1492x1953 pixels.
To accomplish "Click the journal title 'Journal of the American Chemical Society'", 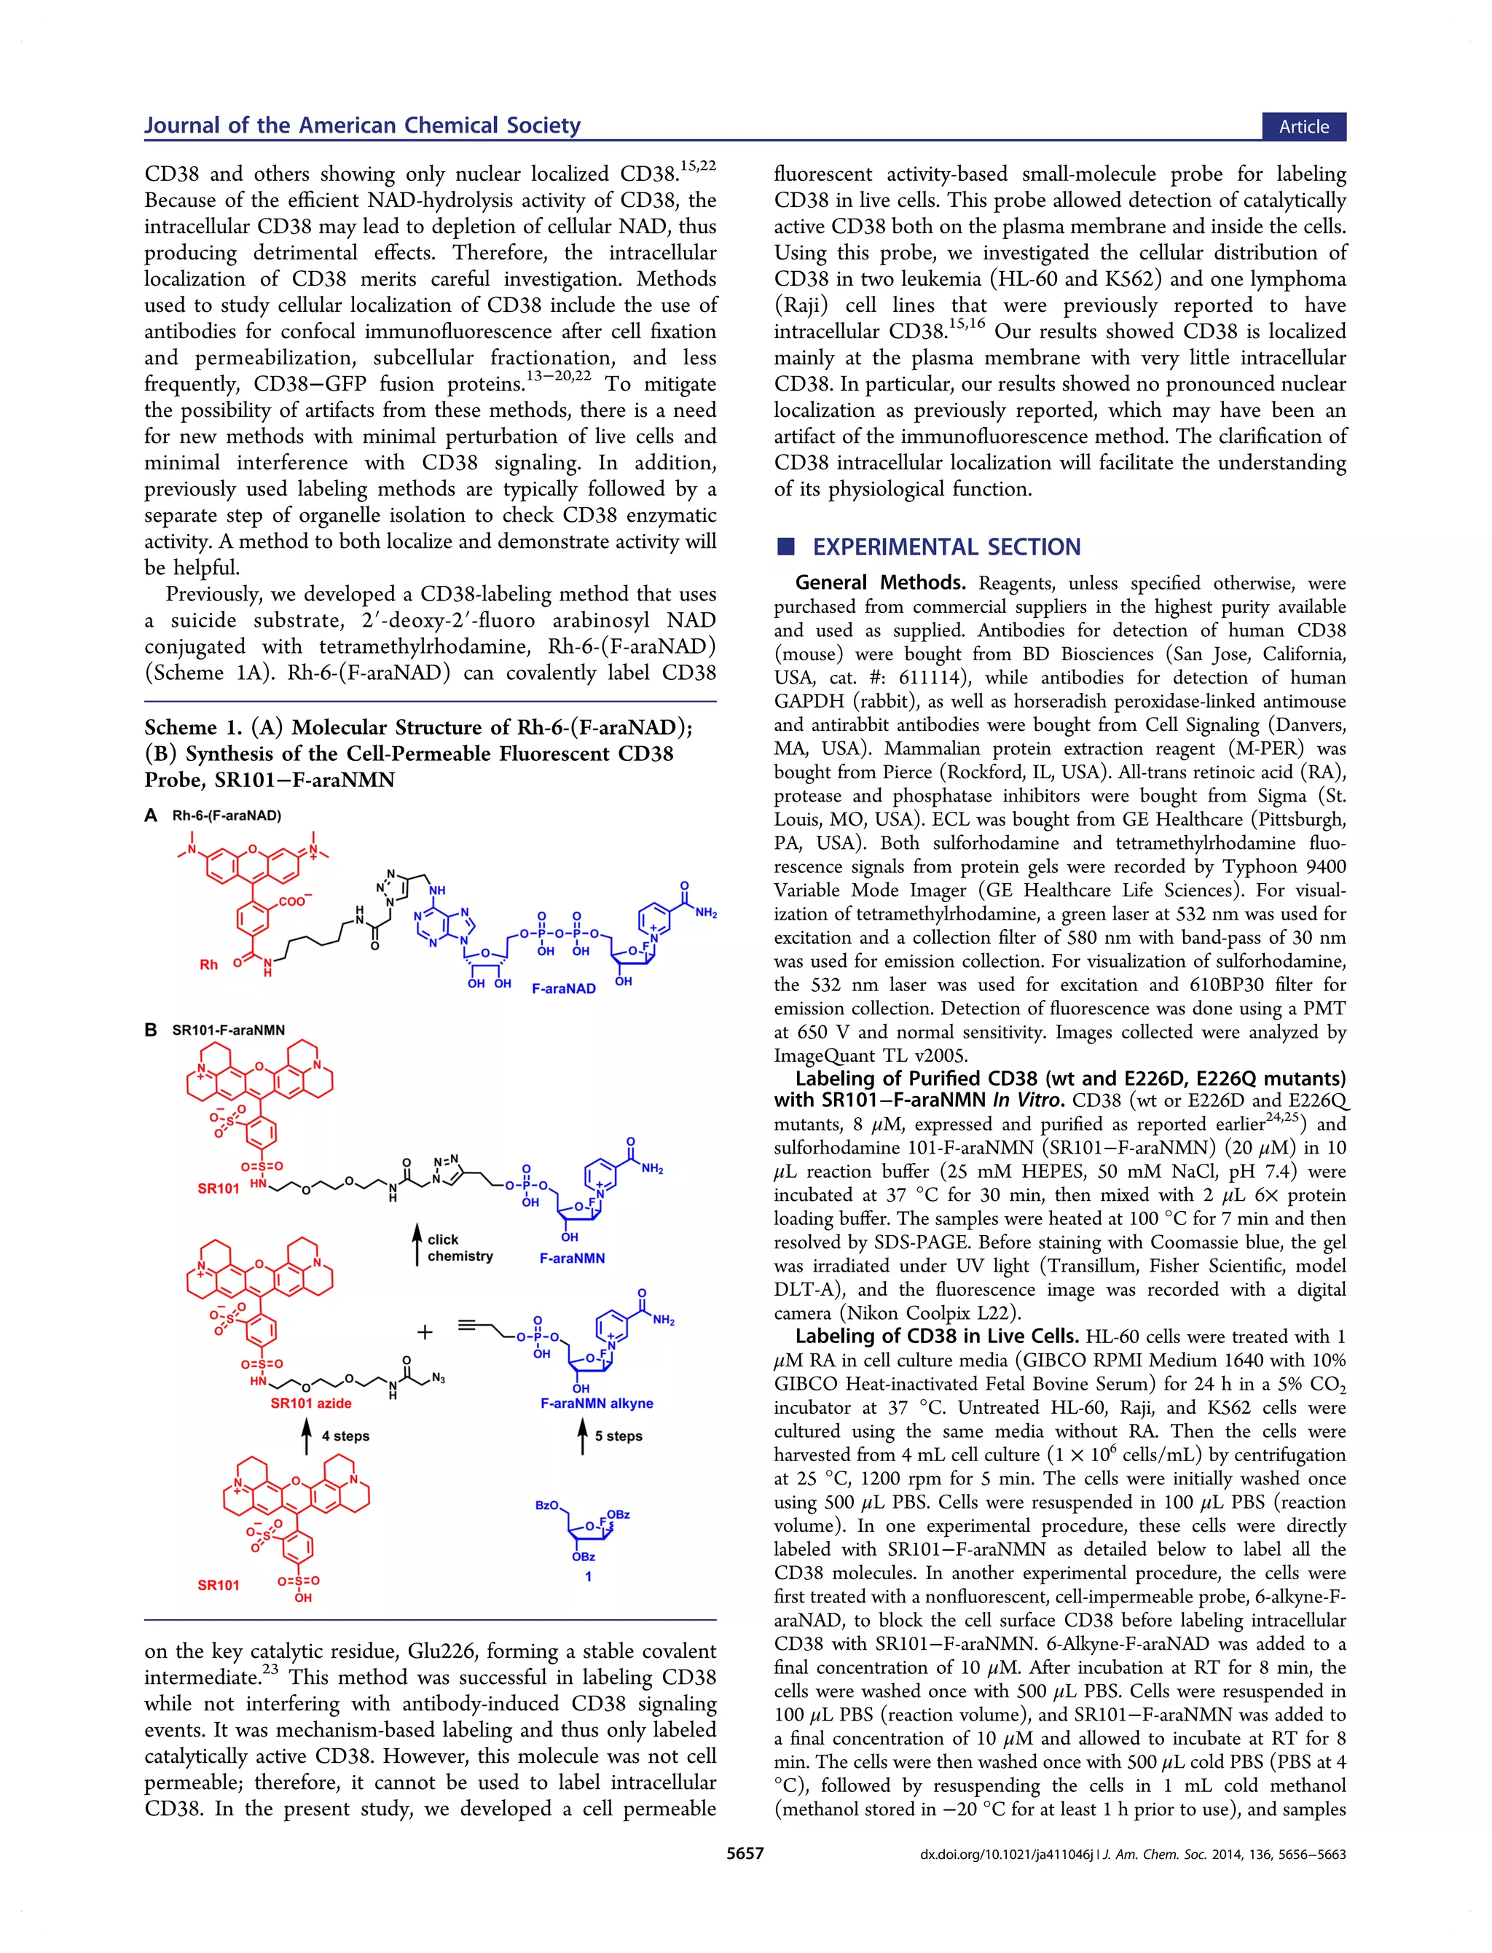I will click(362, 125).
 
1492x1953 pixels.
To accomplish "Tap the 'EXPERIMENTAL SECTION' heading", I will click(947, 547).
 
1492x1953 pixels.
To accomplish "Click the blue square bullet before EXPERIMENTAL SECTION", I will click(785, 547).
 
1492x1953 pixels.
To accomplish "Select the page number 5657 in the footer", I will click(745, 1854).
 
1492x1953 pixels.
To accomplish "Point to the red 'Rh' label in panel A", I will click(208, 965).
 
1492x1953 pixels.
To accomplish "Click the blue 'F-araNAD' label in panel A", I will click(563, 988).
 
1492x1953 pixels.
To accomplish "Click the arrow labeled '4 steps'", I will click(307, 1436).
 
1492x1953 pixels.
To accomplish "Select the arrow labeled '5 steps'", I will click(583, 1436).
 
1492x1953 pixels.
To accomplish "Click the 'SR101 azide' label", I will click(311, 1404).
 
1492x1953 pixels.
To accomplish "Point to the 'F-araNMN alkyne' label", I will click(596, 1404).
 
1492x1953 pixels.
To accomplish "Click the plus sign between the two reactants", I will click(425, 1332).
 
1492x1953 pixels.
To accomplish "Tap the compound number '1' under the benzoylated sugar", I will click(588, 1576).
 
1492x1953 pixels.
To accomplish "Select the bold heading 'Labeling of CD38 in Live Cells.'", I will click(936, 1336).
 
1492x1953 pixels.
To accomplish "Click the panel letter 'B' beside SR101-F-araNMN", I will click(151, 1030).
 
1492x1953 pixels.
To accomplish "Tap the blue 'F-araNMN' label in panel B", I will click(572, 1259).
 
